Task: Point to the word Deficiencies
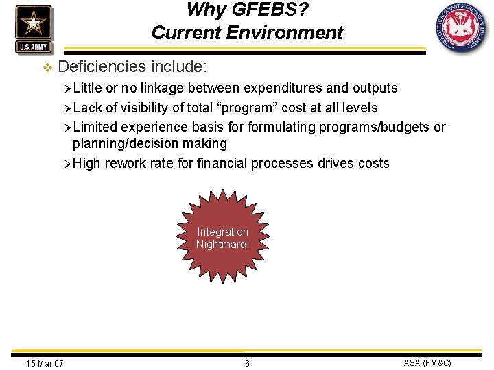102,66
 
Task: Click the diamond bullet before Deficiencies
47,67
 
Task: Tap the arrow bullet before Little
67,88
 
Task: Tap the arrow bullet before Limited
67,127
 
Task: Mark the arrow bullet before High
67,164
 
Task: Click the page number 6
247,363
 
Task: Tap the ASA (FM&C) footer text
427,362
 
